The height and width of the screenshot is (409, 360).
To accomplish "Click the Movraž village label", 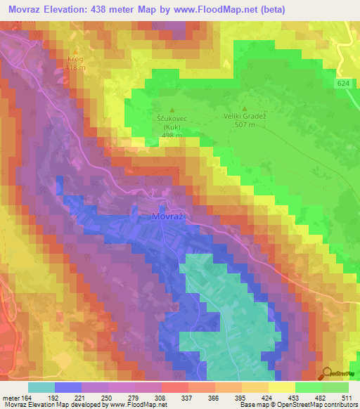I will pyautogui.click(x=168, y=217).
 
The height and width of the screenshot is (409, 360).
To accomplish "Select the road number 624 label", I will pyautogui.click(x=342, y=84).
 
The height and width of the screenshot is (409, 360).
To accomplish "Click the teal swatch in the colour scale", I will pyautogui.click(x=41, y=387).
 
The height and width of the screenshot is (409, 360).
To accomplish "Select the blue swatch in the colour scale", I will pyautogui.click(x=67, y=387).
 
